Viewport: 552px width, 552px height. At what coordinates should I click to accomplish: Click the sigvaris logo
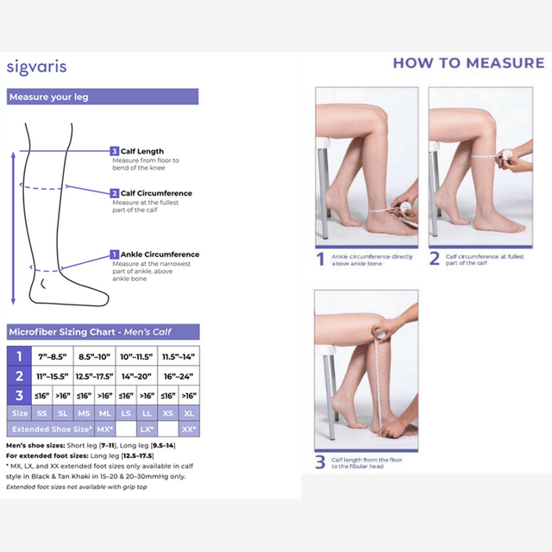point(36,66)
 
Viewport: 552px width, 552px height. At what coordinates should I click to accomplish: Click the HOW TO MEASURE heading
point(468,63)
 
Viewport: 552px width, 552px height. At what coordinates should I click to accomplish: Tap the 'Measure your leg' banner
point(49,97)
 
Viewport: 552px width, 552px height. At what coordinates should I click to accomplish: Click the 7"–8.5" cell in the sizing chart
point(52,356)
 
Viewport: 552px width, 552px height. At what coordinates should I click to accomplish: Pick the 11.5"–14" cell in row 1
point(178,356)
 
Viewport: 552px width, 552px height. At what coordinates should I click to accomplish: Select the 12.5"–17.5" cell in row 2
point(94,376)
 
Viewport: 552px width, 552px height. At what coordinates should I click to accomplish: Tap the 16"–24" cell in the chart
point(178,376)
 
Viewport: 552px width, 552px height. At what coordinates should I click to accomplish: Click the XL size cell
point(189,413)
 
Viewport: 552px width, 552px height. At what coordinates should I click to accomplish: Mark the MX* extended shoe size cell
point(104,429)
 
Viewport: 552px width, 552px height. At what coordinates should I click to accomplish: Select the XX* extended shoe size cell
point(189,429)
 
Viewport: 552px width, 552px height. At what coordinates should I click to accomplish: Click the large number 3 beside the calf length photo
point(320,461)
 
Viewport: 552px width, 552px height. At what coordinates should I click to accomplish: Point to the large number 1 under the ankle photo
point(320,259)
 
